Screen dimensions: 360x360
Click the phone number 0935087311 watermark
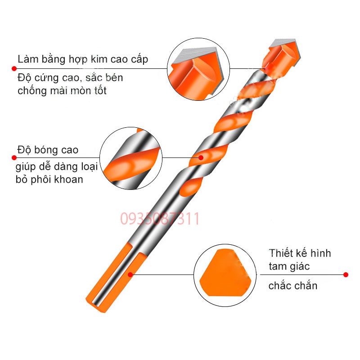point(160,219)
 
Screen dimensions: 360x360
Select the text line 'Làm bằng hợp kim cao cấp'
point(83,59)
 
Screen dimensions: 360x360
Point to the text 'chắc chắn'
point(293,285)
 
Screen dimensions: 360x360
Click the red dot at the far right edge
point(346,274)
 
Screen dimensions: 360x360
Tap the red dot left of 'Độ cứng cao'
point(14,68)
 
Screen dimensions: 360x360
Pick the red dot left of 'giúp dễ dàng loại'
point(14,158)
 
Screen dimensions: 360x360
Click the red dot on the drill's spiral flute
point(201,158)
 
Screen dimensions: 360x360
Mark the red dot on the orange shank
point(130,274)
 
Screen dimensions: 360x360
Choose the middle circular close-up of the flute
point(130,157)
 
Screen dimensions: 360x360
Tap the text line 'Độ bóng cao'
point(50,150)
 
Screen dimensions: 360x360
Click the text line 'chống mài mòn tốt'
point(62,90)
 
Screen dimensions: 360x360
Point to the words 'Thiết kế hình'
point(300,253)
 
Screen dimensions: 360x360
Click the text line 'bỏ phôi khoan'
point(50,179)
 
